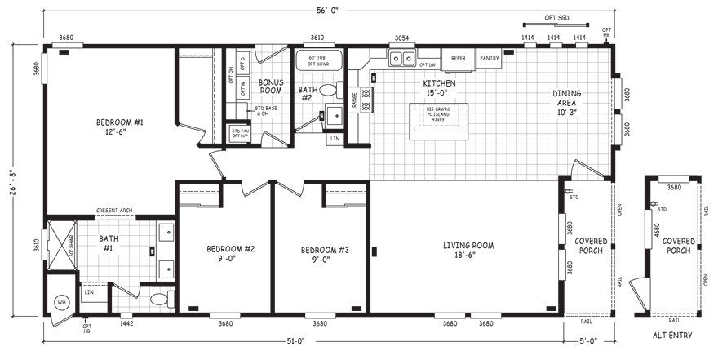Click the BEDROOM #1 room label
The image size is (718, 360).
point(120,127)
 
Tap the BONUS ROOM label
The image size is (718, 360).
point(270,87)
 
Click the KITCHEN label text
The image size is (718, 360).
point(438,88)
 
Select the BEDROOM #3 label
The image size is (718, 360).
point(324,254)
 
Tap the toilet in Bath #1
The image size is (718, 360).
point(162,296)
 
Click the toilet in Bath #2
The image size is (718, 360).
point(330,90)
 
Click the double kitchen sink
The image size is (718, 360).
point(401,59)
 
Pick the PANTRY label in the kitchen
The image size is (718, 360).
point(490,59)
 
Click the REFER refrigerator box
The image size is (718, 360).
point(459,59)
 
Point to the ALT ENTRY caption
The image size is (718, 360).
point(671,336)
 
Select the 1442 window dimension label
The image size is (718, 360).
point(126,324)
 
